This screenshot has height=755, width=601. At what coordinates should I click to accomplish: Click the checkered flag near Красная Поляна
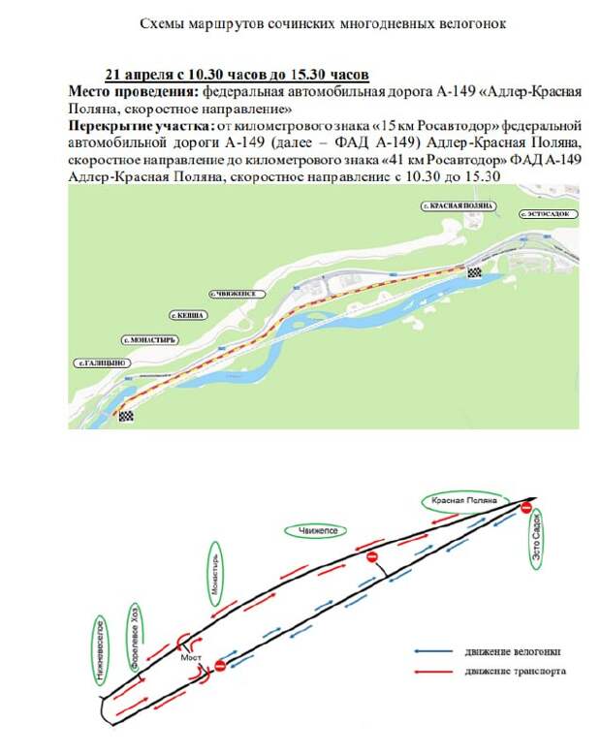pos(474,272)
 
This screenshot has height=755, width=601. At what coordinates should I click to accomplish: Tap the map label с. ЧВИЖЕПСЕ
pos(234,291)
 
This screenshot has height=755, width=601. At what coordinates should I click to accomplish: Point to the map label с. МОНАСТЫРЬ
pos(147,340)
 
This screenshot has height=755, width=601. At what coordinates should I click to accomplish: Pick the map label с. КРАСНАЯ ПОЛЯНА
pos(459,206)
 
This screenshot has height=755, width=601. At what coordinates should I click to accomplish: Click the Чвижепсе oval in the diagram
pos(316,531)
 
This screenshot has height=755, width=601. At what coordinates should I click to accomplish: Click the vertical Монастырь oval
pos(216,574)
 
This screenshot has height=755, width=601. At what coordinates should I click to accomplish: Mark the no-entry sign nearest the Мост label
pos(219,666)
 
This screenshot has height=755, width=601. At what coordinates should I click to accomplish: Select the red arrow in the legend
pos(432,671)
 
